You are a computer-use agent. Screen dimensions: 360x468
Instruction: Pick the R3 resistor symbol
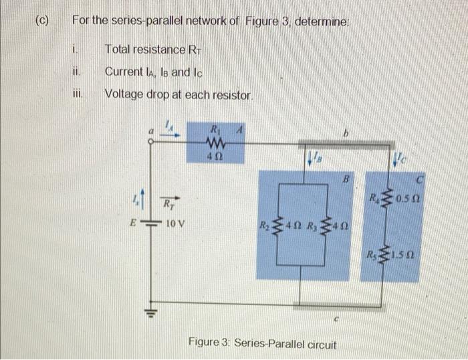tap(328, 224)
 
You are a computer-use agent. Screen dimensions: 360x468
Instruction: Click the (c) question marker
tap(41, 20)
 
